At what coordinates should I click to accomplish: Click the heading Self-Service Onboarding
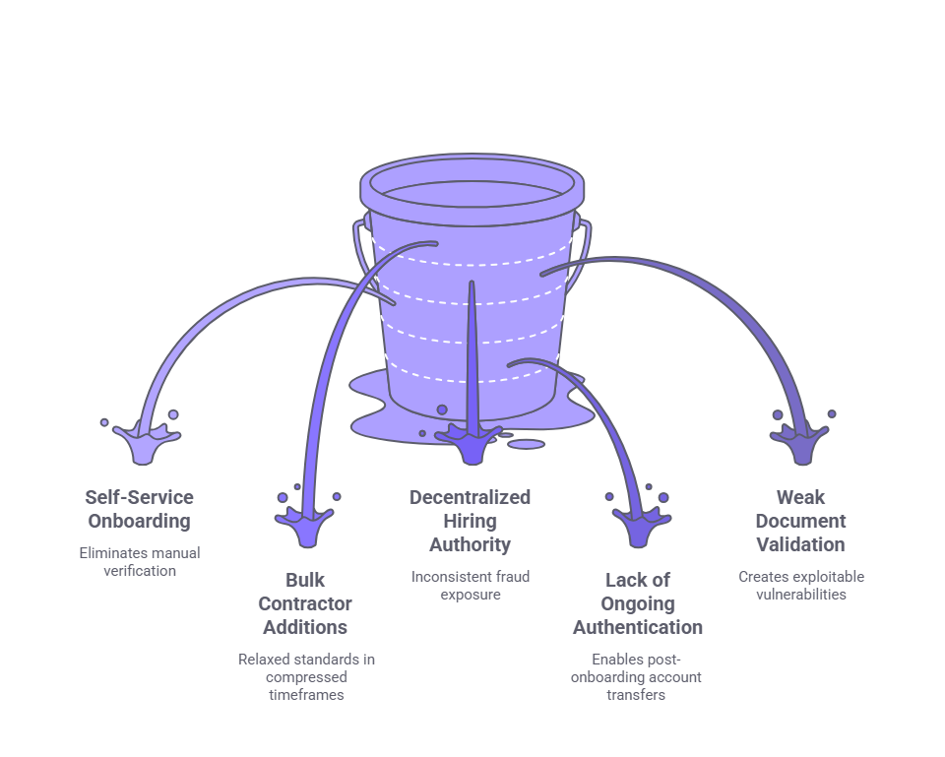(x=139, y=509)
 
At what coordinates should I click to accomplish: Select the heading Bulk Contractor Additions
(x=304, y=603)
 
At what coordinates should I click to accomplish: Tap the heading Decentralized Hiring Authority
(x=470, y=521)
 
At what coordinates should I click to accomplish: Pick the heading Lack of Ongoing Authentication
(x=638, y=603)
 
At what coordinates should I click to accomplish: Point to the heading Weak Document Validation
(x=799, y=521)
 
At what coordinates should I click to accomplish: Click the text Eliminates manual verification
(x=139, y=561)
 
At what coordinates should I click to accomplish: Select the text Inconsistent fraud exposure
(x=470, y=585)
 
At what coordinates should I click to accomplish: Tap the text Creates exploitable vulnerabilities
(x=800, y=585)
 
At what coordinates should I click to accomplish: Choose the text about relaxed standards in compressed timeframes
(x=305, y=676)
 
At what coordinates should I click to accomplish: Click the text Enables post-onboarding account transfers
(x=638, y=676)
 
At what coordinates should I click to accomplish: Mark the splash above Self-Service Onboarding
(x=147, y=440)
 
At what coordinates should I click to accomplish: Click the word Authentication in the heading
(x=638, y=627)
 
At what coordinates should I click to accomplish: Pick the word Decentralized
(x=470, y=497)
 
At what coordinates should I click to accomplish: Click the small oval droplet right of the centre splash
(x=527, y=444)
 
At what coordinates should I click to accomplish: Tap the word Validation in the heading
(x=799, y=544)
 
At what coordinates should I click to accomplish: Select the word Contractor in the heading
(x=304, y=603)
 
